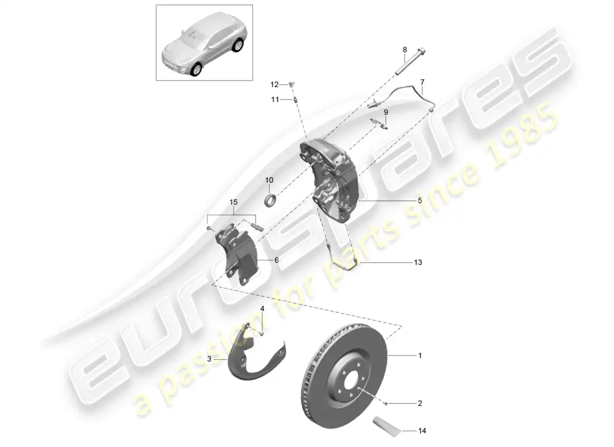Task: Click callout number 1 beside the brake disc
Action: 420,355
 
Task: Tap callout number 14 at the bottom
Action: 422,431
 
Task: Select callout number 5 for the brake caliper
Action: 420,201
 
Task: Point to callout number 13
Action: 418,262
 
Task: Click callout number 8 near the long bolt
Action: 405,50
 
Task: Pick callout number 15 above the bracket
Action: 233,202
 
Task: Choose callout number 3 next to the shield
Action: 209,359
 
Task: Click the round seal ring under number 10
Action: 270,200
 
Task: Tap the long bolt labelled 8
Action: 410,61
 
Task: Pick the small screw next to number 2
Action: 385,403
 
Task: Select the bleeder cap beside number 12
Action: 292,84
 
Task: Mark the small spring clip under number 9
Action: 379,123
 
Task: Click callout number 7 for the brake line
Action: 422,82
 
